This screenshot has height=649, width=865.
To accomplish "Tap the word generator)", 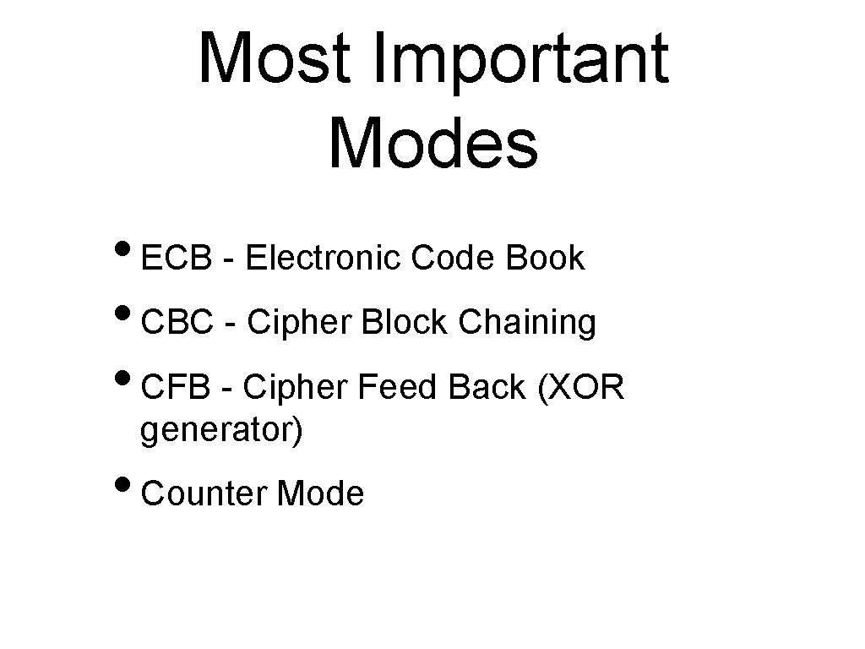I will pos(220,431).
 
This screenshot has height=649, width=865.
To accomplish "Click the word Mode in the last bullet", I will pos(320,494).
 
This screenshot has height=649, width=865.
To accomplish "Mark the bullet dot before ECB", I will pos(130,252).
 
